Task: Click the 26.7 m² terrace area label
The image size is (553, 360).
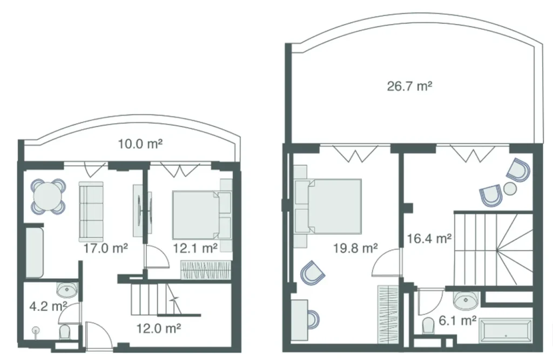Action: (x=409, y=86)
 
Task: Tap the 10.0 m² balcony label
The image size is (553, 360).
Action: (x=140, y=144)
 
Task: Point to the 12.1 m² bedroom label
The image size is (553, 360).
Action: (x=195, y=248)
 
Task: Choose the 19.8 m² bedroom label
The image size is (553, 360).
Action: (x=355, y=248)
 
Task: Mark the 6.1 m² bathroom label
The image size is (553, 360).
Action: (x=457, y=321)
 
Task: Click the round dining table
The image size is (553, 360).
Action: (x=49, y=198)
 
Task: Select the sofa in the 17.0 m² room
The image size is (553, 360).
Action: (x=91, y=210)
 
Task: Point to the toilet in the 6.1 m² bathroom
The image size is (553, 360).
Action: (x=429, y=325)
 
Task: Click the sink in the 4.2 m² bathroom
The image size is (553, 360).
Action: (x=68, y=290)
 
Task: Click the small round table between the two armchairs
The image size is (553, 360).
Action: (x=510, y=189)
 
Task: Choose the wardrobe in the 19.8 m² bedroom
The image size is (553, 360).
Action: (x=387, y=313)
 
